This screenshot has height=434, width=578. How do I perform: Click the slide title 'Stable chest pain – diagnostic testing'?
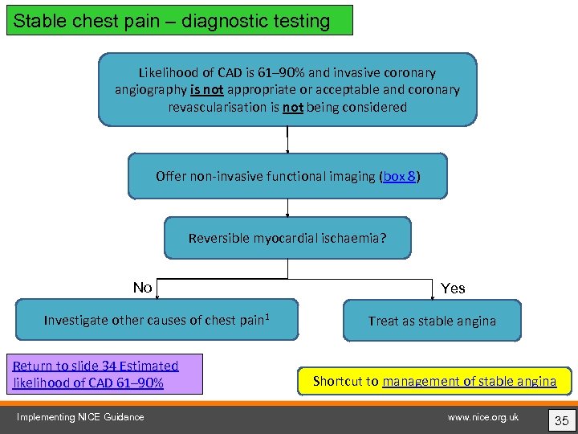(171, 21)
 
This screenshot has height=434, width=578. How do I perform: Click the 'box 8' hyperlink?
(399, 176)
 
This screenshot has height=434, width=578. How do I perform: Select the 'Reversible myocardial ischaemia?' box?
(287, 238)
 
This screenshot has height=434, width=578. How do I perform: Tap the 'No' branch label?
(143, 288)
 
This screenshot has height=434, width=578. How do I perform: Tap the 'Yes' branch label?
(453, 289)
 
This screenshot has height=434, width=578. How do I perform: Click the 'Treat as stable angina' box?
(432, 321)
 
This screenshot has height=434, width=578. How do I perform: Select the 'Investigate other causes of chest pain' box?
(157, 320)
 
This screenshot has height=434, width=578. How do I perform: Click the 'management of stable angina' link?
(469, 381)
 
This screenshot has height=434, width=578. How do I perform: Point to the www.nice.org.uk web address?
(483, 416)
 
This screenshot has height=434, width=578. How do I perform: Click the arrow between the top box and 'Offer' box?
(287, 140)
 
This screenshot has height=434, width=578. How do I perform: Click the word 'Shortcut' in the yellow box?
(344, 381)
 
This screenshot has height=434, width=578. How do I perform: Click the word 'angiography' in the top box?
(151, 90)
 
